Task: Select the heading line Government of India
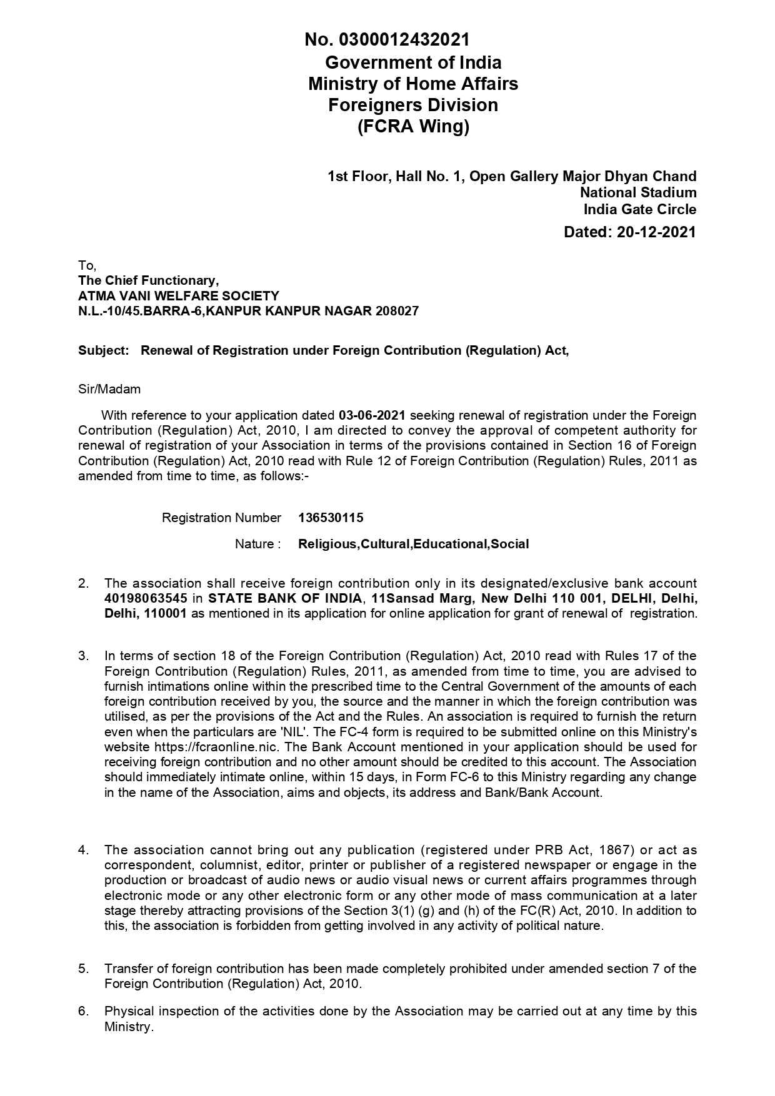(413, 62)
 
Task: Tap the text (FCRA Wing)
(413, 127)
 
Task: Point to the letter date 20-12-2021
(656, 232)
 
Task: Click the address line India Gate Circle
(640, 209)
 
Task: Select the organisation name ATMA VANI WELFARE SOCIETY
(179, 295)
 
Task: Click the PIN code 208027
(396, 311)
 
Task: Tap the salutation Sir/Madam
(109, 389)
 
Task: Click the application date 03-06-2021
(372, 415)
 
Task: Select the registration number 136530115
(331, 518)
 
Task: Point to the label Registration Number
(221, 518)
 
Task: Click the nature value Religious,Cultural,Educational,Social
(413, 544)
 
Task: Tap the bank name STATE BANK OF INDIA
(284, 598)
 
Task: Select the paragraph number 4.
(83, 850)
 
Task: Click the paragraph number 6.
(83, 1011)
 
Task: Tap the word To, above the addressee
(87, 265)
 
